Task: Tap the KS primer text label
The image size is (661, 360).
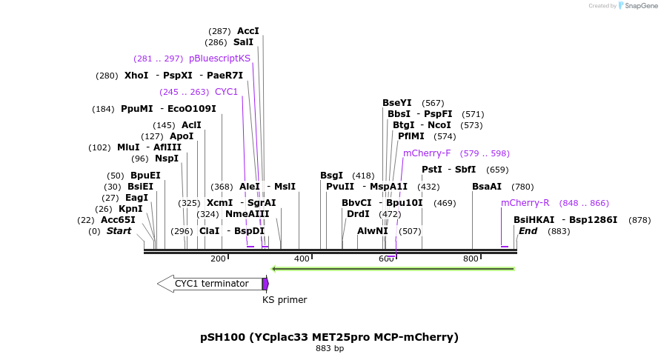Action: (x=285, y=300)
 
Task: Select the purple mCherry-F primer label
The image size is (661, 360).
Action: (x=426, y=153)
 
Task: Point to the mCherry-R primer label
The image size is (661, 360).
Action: (x=525, y=203)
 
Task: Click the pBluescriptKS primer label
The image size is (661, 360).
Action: (x=219, y=59)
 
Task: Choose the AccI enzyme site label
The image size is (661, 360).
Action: (x=248, y=31)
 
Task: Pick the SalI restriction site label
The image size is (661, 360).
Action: (x=243, y=42)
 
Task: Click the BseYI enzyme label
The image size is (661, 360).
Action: (x=396, y=103)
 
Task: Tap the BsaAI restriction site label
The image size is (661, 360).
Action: (x=487, y=187)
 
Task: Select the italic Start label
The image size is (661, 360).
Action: (x=119, y=231)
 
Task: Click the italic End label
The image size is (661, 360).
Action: (x=528, y=231)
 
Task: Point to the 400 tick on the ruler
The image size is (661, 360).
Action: (x=302, y=259)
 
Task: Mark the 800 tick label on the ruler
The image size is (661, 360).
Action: (x=471, y=259)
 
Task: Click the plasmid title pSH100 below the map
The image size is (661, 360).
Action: (x=329, y=337)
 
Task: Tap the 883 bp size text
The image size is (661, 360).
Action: (x=330, y=348)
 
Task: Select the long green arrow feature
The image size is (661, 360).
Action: (x=393, y=268)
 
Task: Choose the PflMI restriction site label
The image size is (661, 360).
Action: (x=411, y=136)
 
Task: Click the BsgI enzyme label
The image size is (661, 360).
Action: (x=331, y=176)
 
